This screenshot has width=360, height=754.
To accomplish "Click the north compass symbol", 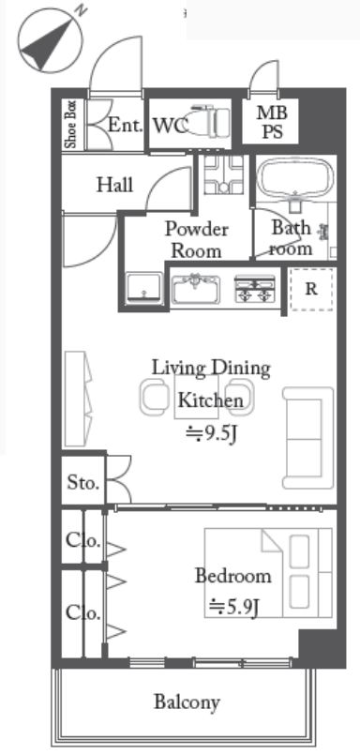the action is coord(51,41).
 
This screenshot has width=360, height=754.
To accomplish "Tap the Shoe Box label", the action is coord(71,124).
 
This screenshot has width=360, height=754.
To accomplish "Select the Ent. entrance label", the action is coord(126,125).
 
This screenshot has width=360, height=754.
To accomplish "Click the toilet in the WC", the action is coord(206,122).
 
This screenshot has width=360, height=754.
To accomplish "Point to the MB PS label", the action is coord(272,122).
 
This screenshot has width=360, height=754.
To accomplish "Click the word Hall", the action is coord(115,184).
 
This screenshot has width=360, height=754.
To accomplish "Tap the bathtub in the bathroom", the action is coord(295,179).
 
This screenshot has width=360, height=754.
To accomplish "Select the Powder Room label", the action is coord(197,239).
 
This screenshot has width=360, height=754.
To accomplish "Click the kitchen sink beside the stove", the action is coord(196,289).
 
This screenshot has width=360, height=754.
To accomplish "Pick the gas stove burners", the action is coord(255,289).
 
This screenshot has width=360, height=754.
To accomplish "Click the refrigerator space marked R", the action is coord(311,289).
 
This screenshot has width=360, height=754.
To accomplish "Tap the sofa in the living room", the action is coord(308,437).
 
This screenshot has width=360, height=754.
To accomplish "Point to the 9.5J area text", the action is coord(212,434).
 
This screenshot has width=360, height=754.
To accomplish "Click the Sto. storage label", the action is coord(83,482).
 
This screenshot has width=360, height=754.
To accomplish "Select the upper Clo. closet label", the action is coord(83,540).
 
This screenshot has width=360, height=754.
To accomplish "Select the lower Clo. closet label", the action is coord(83,612).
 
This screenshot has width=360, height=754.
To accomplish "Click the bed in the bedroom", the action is coord(268,572).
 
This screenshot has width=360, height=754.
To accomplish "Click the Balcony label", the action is coord(187,702).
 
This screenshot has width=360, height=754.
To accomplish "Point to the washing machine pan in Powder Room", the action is coord(144,288).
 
